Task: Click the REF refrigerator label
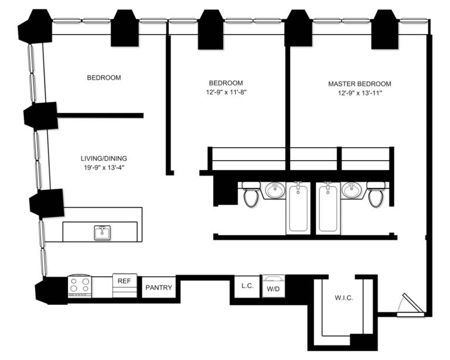(124, 281)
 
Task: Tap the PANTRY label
(158, 288)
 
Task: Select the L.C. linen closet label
(247, 286)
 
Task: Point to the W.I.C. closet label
(344, 298)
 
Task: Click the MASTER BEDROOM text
(359, 84)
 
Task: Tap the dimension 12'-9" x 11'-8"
(226, 93)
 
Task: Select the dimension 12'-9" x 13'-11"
(359, 93)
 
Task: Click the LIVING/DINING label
(104, 158)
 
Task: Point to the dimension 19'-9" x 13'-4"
(104, 168)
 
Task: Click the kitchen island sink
(103, 232)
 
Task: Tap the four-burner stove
(80, 286)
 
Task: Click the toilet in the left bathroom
(251, 195)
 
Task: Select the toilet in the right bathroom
(376, 195)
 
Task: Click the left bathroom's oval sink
(274, 190)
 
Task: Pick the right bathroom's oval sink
(352, 190)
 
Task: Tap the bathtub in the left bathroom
(299, 208)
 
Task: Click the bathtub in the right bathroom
(328, 208)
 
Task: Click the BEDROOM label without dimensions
(104, 77)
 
